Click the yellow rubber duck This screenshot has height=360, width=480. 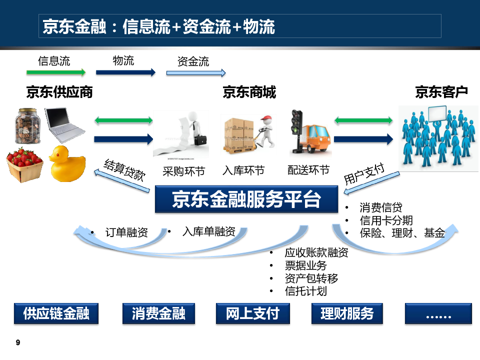67,163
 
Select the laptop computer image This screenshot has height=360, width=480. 64,124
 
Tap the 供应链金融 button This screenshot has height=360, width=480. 56,313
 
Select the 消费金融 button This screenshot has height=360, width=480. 158,313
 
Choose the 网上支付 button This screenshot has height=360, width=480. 252,313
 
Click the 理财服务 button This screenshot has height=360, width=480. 346,313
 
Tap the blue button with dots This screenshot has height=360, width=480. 438,313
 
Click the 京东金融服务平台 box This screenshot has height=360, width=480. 246,199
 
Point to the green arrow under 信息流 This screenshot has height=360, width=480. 56,73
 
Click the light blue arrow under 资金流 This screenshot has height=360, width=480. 196,73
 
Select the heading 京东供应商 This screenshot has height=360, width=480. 59,92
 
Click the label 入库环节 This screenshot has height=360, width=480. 243,170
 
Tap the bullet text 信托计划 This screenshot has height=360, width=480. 306,291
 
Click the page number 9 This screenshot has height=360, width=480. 18,342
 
